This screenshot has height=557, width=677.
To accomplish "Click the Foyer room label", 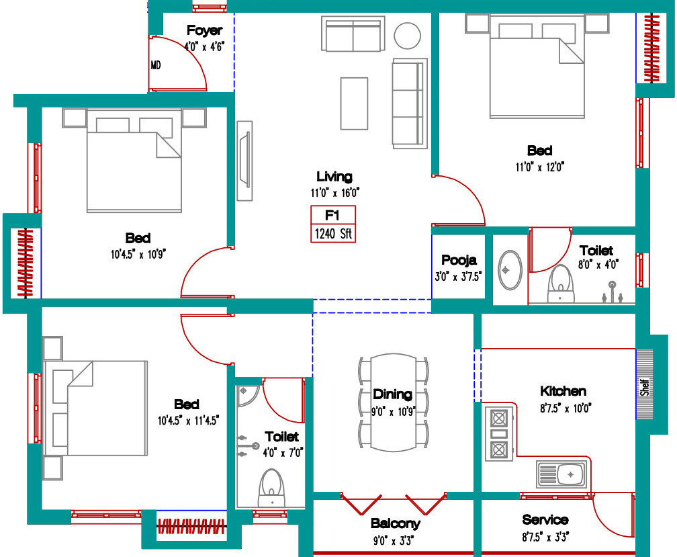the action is (205, 30).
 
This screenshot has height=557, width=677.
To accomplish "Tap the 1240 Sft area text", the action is (333, 234).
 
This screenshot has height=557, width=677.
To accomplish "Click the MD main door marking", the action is (156, 65).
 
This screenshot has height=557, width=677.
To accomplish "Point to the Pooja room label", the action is (459, 260).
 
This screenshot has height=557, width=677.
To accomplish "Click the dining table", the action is (394, 402).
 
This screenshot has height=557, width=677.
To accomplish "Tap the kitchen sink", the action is (561, 474).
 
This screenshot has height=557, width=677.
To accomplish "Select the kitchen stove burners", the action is (499, 434).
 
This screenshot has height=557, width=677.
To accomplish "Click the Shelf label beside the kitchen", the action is (645, 387).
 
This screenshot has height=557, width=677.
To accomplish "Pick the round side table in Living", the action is (407, 36).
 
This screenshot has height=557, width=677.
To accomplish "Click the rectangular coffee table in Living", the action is (354, 103).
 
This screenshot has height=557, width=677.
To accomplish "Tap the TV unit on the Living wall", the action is (244, 161).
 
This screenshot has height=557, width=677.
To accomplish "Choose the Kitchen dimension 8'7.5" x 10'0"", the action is (566, 408).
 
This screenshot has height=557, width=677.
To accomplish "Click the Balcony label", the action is (395, 524).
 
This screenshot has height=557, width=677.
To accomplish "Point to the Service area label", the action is (545, 519).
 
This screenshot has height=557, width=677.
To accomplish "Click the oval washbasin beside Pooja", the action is (510, 270).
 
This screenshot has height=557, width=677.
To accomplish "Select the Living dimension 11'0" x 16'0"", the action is (335, 193).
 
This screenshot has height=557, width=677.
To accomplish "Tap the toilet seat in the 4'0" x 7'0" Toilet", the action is (271, 488).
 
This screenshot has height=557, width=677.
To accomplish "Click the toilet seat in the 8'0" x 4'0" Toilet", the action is (560, 284).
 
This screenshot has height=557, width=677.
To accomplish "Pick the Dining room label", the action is (392, 394).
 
